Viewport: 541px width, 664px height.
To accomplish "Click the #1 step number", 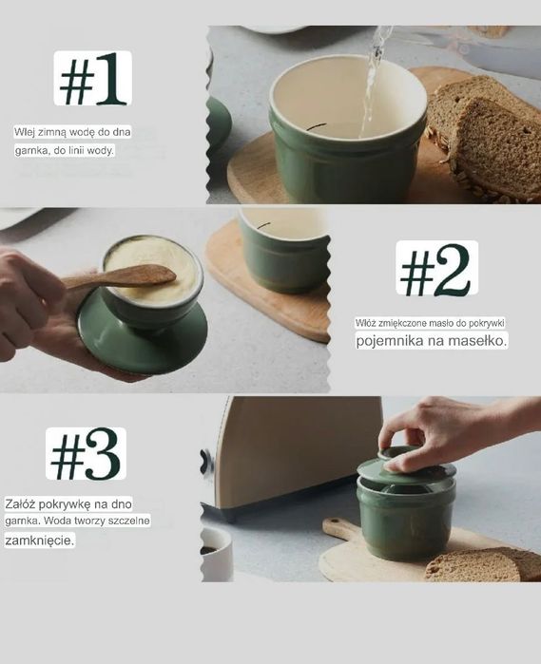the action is [x=93, y=78].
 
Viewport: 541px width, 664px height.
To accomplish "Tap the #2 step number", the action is [x=436, y=269].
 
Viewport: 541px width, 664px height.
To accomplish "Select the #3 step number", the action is [x=86, y=454].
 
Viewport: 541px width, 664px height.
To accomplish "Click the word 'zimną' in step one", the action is [x=52, y=132].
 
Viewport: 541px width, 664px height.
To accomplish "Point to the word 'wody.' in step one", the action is [x=101, y=150].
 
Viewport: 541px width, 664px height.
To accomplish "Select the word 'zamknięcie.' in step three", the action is [x=39, y=541].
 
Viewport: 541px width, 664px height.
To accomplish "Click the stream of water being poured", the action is [x=373, y=81].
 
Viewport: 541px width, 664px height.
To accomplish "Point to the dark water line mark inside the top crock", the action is [x=317, y=126].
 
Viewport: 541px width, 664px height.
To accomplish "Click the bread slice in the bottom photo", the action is [x=483, y=564].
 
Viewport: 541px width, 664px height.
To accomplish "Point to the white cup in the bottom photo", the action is [x=217, y=554].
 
